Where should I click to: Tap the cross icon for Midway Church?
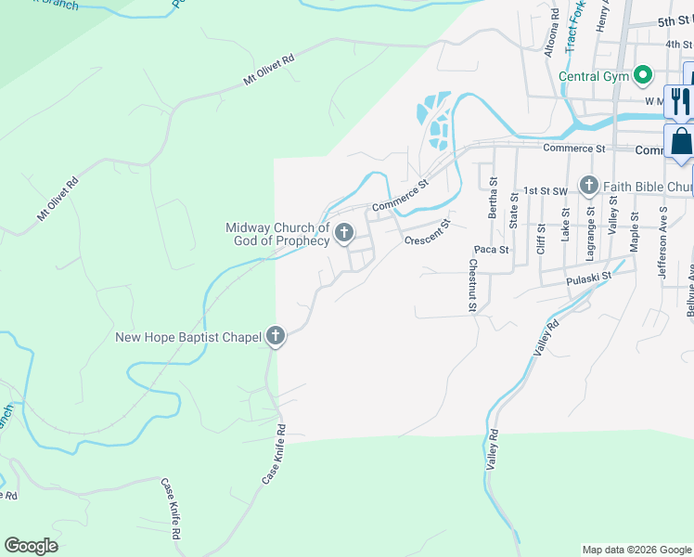(343, 234)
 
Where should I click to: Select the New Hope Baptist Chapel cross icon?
(276, 337)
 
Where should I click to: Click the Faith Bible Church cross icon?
(589, 187)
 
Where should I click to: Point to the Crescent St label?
(427, 233)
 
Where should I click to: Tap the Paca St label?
(491, 250)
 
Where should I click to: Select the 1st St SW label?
(545, 190)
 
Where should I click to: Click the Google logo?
(31, 546)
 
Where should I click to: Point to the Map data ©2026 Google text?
(636, 550)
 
